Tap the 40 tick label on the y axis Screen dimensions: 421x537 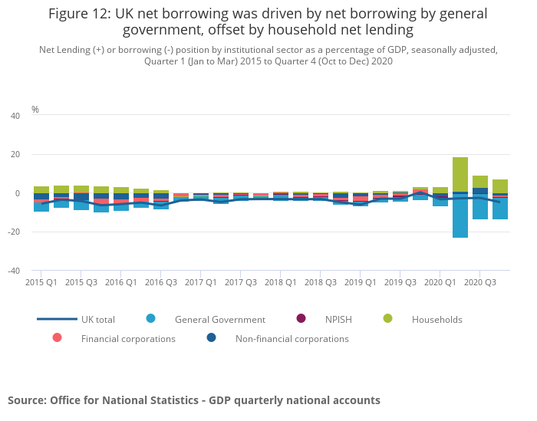pos(15,116)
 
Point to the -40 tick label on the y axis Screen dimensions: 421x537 pos(14,271)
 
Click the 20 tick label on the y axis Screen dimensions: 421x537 pos(15,155)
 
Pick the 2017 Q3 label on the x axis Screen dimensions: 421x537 pos(240,282)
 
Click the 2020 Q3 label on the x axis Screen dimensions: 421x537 pos(479,282)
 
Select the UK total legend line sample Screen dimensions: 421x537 pos(57,319)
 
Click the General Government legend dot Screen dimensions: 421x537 pos(150,319)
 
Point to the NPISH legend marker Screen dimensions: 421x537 pos(301,319)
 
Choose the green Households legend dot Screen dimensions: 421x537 pos(387,319)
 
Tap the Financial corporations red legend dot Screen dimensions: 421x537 pos(57,338)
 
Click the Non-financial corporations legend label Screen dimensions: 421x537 pos(292,339)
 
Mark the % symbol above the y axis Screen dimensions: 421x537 pos(35,110)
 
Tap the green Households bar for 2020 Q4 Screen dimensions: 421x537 pos(500,186)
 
